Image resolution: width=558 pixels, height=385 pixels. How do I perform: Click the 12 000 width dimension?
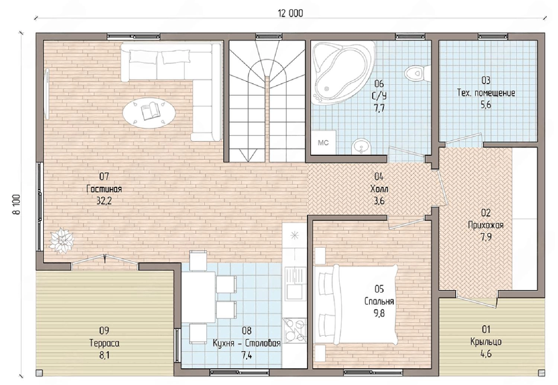click(291, 13)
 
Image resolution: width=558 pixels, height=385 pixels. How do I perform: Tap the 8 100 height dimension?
click(16, 204)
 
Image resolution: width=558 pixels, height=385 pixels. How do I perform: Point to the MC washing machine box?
click(323, 142)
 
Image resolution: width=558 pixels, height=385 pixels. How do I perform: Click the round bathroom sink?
click(361, 147)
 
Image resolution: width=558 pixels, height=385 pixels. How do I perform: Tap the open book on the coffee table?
click(150, 111)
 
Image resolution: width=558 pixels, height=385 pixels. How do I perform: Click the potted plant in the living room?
click(61, 240)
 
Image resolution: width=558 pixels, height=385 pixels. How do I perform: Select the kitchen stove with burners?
click(295, 330)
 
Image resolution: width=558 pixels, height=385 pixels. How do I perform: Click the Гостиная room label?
click(104, 189)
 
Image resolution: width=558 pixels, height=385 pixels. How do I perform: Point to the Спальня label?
click(379, 301)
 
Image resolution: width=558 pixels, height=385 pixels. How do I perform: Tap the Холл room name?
click(379, 189)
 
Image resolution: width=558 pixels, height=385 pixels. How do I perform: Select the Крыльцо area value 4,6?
click(486, 354)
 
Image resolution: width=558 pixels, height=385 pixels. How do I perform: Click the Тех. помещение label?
click(486, 93)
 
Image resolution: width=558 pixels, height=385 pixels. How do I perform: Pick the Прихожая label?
click(486, 225)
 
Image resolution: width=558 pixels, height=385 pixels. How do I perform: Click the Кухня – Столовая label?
click(247, 343)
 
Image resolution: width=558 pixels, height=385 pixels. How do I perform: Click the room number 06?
click(379, 84)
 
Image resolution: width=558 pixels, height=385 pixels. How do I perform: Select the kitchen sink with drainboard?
click(295, 283)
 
